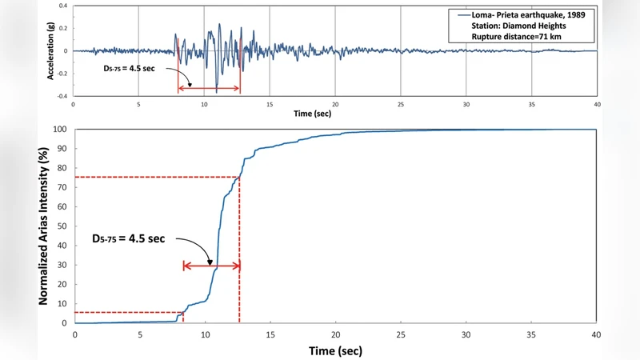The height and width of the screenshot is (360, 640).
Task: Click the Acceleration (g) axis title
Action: pos(52,50)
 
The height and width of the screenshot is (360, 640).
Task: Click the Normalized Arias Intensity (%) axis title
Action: pos(46,226)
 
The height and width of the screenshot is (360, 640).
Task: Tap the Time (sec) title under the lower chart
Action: pos(335,350)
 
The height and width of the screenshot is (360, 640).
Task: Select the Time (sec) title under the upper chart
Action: pos(313,114)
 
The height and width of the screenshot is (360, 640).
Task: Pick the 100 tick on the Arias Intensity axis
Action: pos(60,130)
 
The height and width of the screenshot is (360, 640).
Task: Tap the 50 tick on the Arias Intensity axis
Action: pos(62,226)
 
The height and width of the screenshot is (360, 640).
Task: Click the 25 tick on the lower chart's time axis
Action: pos(401,334)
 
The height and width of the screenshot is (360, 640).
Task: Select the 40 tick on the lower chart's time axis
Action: pos(596,334)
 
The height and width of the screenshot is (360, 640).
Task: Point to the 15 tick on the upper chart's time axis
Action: pos(270,104)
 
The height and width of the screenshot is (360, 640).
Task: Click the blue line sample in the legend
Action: pos(461,14)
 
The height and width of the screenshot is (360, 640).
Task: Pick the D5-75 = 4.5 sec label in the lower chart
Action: pos(128,238)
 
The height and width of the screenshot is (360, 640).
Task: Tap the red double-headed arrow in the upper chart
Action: pos(209,88)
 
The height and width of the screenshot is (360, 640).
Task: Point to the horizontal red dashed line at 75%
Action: pos(156,177)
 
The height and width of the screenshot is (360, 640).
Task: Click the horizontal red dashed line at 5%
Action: pos(128,312)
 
